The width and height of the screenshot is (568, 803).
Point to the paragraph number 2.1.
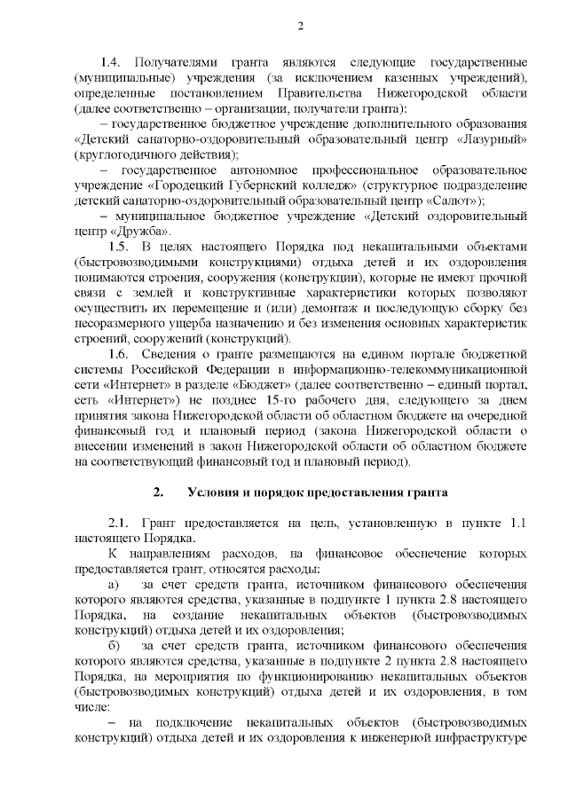coord(118,523)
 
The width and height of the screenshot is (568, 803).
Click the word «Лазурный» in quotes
coord(493,139)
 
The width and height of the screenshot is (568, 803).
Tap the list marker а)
coord(113,584)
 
